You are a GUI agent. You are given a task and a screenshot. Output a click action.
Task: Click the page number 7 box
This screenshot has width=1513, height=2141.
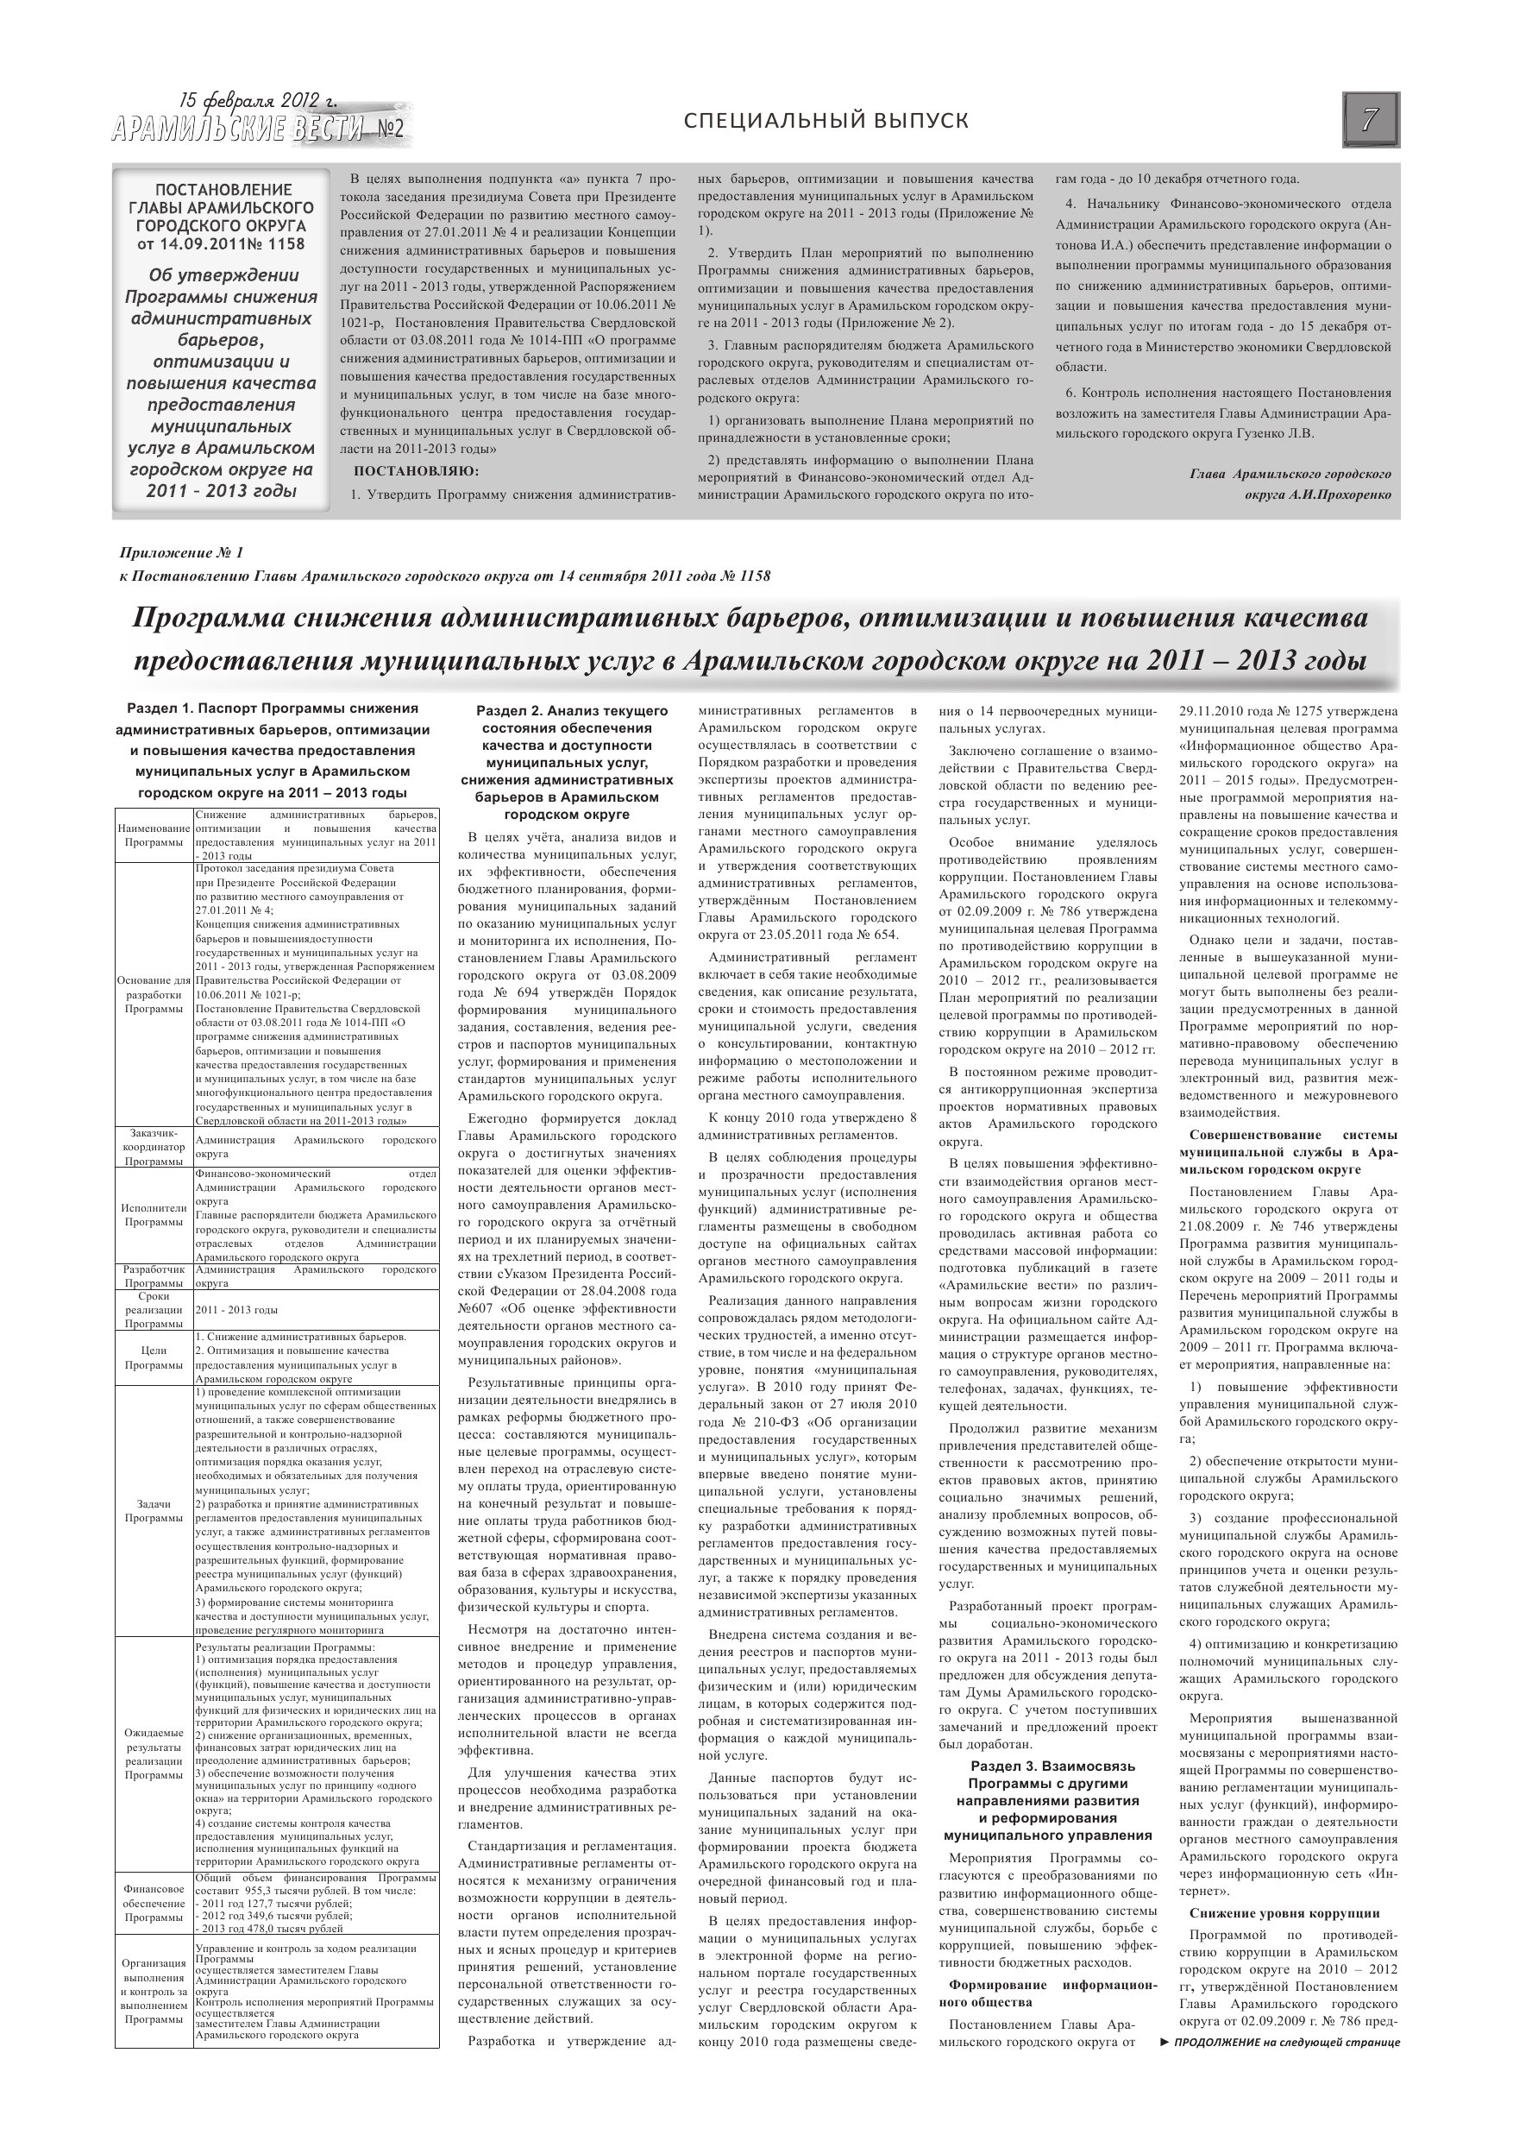point(1371,119)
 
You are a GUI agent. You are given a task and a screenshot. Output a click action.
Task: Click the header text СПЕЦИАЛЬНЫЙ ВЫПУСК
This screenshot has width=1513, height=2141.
point(826,120)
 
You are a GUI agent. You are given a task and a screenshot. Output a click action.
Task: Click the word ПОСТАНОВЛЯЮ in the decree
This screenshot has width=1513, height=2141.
point(416,471)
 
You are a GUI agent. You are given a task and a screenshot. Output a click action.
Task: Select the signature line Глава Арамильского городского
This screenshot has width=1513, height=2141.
point(1290,474)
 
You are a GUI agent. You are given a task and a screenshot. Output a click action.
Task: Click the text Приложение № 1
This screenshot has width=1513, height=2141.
point(182,553)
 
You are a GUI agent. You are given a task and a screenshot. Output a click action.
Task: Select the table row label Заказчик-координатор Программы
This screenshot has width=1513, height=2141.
point(154,1147)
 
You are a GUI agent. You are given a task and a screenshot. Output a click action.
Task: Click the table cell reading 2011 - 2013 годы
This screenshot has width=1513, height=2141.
point(237,1310)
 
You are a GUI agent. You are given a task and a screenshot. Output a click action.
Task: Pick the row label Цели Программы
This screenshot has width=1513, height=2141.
point(154,1357)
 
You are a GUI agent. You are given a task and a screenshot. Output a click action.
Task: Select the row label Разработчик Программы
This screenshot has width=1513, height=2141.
point(154,1276)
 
